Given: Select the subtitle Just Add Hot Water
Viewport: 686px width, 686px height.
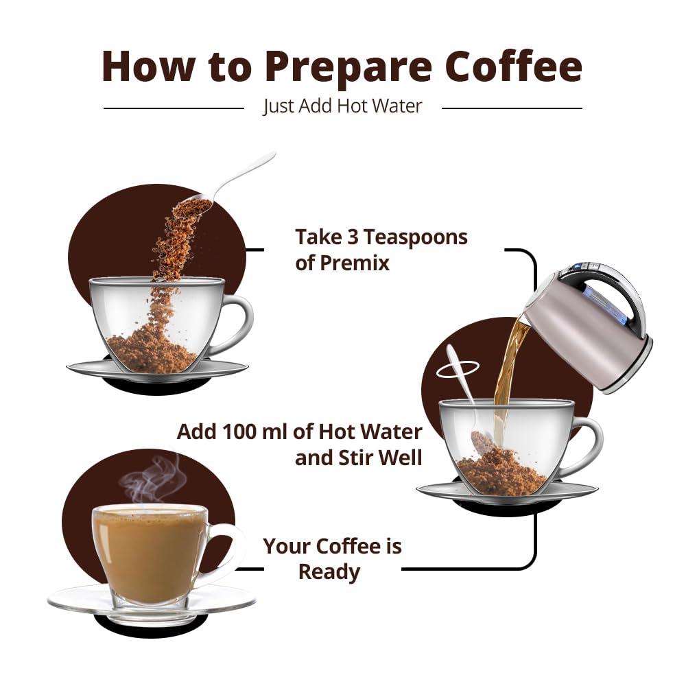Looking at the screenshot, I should pos(342,106).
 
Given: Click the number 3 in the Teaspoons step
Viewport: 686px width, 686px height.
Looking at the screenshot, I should pos(352,237).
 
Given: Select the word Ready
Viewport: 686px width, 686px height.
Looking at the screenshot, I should pos(329,571).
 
